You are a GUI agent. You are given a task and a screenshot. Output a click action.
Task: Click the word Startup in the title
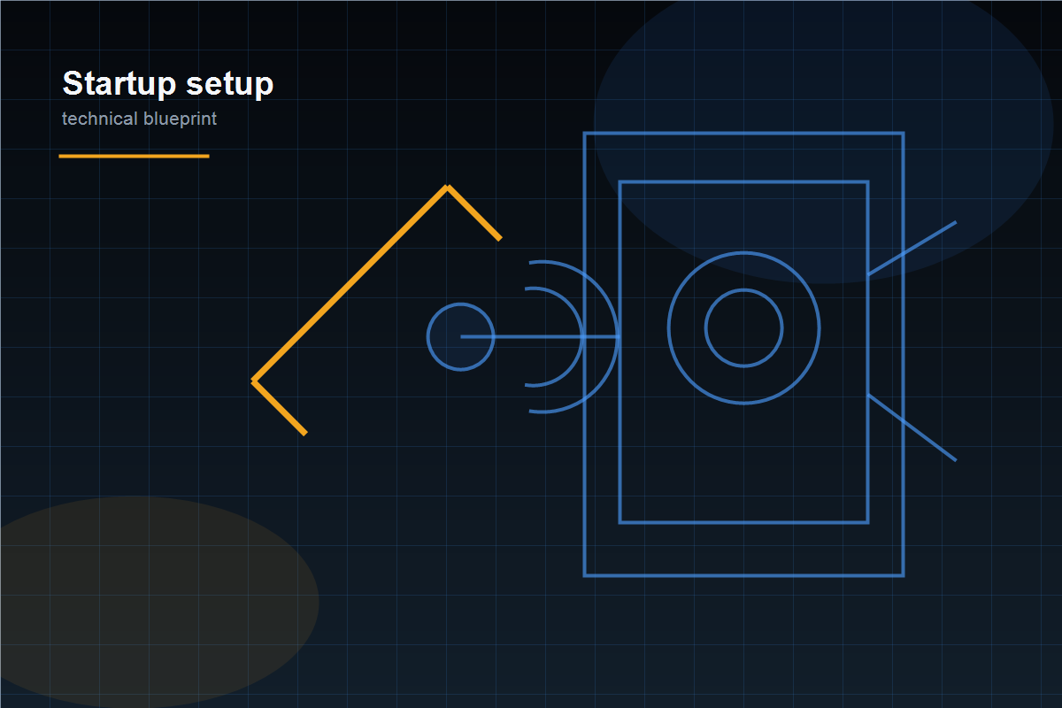[119, 84]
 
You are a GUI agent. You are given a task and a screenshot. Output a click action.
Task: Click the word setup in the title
[230, 84]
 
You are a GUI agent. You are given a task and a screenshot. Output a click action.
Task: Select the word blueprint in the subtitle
[180, 119]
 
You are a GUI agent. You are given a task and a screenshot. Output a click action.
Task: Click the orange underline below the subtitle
[135, 156]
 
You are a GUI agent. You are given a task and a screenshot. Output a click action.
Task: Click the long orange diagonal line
[350, 283]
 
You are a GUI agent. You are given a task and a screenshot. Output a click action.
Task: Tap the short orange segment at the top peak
[473, 213]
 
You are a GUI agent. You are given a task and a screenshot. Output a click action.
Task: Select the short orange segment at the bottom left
[280, 407]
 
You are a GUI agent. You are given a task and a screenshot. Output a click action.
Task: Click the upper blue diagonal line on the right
[912, 248]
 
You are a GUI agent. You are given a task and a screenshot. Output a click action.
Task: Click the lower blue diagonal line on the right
[912, 427]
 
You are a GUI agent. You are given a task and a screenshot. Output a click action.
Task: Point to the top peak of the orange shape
[447, 187]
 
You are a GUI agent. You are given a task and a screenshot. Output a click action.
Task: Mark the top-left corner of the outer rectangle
[585, 134]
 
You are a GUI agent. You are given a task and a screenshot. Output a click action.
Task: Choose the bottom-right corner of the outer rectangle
[904, 576]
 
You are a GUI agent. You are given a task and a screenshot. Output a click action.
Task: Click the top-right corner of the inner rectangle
[867, 181]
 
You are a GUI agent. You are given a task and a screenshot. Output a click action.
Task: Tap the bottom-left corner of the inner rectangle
[620, 522]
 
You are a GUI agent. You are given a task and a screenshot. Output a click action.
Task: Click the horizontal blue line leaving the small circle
[541, 336]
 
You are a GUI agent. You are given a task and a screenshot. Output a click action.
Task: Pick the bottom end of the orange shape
[306, 434]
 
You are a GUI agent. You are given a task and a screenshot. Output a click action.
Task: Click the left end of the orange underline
[59, 156]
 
